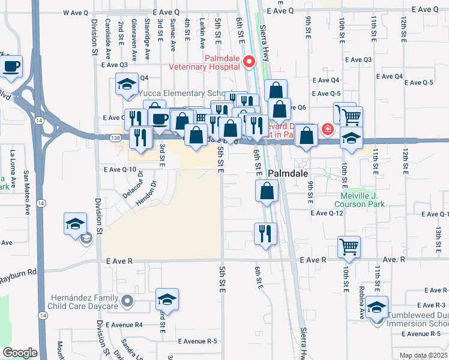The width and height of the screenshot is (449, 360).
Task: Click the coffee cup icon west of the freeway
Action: tap(11, 67)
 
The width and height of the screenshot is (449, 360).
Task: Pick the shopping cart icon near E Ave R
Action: tap(349, 245)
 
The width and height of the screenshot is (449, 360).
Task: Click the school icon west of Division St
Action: tap(76, 225)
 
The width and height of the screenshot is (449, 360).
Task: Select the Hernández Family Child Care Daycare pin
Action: tap(127, 300)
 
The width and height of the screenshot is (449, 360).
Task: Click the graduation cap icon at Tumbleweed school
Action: tap(376, 307)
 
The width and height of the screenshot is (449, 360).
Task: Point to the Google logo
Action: tap(20, 353)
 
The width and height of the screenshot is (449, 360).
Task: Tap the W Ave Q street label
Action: tap(75, 12)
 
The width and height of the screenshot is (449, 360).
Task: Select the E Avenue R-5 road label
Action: tap(191, 341)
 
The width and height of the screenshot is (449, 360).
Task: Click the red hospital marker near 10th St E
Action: tap(328, 129)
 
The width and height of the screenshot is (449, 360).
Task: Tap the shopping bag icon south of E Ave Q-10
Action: tap(267, 192)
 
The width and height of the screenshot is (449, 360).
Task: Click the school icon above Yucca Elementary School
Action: tap(127, 85)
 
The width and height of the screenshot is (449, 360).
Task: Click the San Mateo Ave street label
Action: tap(26, 192)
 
